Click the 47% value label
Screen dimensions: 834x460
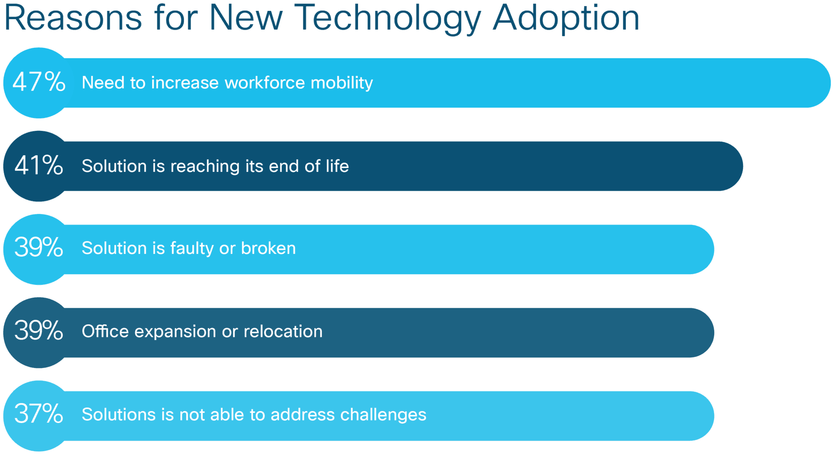pyautogui.click(x=39, y=82)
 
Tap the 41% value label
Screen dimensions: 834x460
pyautogui.click(x=39, y=165)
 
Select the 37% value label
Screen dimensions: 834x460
pyautogui.click(x=39, y=413)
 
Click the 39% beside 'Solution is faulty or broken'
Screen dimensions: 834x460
pyautogui.click(x=39, y=247)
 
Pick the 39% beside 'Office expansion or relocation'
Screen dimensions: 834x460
pyautogui.click(x=39, y=330)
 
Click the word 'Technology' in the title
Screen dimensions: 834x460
pyautogui.click(x=387, y=18)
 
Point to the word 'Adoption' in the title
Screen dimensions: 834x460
pyautogui.click(x=566, y=18)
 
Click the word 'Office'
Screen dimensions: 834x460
pyautogui.click(x=105, y=331)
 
